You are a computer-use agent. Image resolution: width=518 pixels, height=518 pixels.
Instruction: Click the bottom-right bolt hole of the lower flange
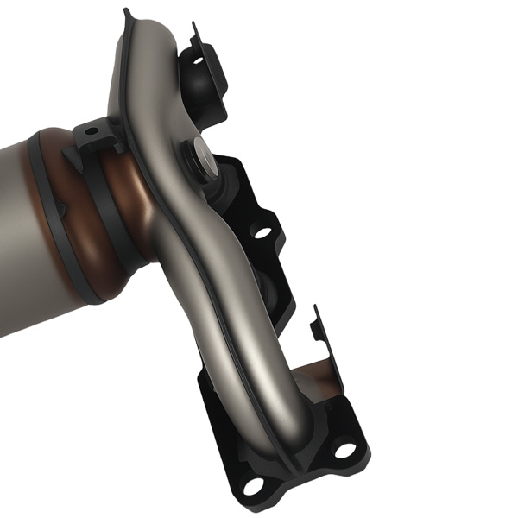(x=344, y=450)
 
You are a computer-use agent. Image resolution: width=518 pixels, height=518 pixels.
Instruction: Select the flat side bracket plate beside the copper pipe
(x=328, y=345)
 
